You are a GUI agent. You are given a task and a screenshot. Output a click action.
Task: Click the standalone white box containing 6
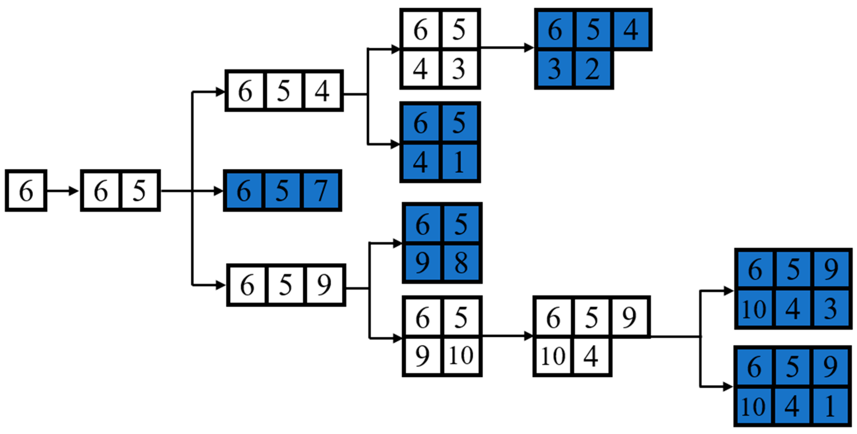26,191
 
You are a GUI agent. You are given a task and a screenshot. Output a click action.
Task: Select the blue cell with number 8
461,263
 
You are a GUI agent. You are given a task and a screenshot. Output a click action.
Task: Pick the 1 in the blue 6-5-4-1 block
459,162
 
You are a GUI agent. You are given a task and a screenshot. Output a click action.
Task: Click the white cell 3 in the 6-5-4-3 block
459,69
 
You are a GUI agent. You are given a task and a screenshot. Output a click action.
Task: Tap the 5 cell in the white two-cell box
139,191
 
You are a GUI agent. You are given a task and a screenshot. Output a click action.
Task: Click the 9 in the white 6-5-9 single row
324,285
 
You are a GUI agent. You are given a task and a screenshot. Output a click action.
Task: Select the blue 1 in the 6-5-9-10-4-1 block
830,406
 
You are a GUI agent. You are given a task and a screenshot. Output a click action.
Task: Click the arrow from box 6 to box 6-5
63,191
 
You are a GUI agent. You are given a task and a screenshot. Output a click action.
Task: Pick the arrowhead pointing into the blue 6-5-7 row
219,191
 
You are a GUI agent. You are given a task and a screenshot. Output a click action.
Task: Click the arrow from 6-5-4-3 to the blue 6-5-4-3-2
507,48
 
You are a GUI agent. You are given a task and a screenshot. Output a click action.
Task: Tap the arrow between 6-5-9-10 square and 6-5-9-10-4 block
507,336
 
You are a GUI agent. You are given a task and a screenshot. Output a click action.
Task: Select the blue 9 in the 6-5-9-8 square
422,263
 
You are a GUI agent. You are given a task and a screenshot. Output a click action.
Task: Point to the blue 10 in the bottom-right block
754,406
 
